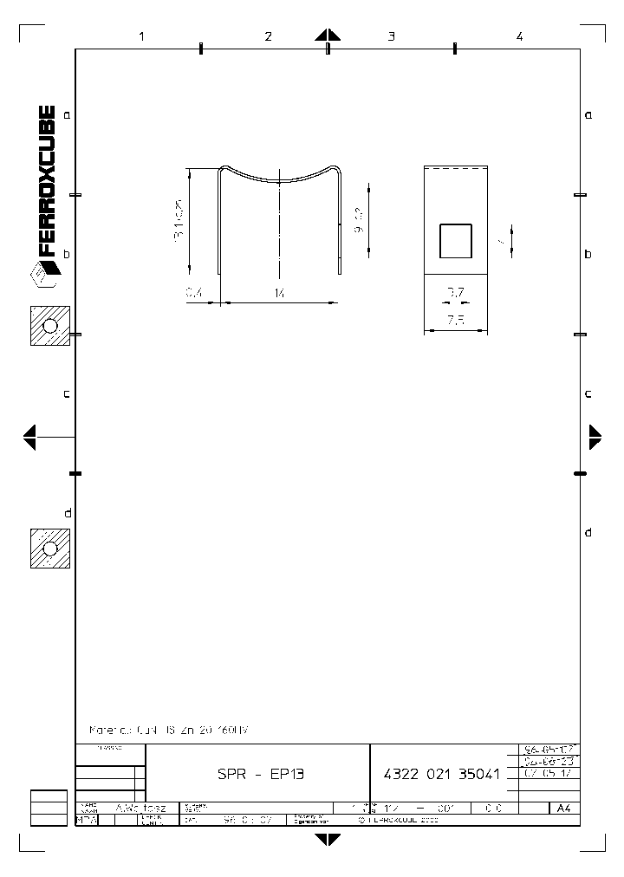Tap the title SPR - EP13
pyautogui.click(x=260, y=775)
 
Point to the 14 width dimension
pyautogui.click(x=279, y=295)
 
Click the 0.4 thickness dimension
pyautogui.click(x=194, y=295)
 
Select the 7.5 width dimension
pyautogui.click(x=456, y=320)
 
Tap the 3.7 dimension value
pyautogui.click(x=456, y=293)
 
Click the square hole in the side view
pyautogui.click(x=456, y=241)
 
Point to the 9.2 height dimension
pyautogui.click(x=360, y=222)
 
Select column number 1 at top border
pyautogui.click(x=140, y=36)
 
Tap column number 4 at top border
pyautogui.click(x=519, y=36)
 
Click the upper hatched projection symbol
pyautogui.click(x=49, y=326)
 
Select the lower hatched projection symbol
pyautogui.click(x=49, y=548)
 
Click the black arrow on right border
pyautogui.click(x=595, y=437)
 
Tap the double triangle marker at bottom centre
pyautogui.click(x=328, y=839)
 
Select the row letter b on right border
pyautogui.click(x=588, y=254)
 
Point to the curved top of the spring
pyautogui.click(x=279, y=179)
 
